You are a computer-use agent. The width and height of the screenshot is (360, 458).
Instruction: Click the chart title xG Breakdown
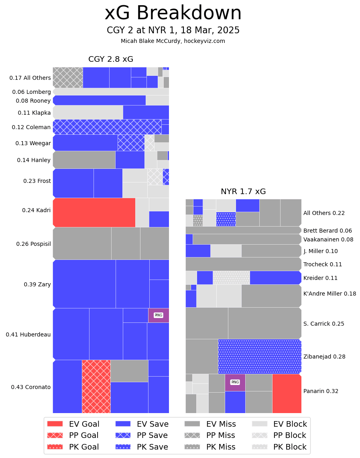click(x=173, y=13)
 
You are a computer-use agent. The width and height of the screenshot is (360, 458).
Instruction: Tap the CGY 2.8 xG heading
click(x=111, y=59)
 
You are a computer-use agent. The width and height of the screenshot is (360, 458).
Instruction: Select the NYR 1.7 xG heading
click(x=243, y=192)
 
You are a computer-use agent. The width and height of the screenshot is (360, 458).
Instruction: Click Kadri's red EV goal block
click(x=94, y=213)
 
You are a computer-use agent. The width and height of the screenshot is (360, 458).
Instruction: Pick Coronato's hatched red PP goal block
click(x=96, y=386)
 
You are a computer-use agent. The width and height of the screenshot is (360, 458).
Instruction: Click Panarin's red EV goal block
click(x=287, y=393)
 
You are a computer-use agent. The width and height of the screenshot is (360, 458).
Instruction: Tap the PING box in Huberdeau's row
click(x=159, y=315)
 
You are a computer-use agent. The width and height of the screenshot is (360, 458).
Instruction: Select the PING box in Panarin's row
click(x=235, y=382)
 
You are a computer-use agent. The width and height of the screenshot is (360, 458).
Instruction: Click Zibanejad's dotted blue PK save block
click(x=260, y=357)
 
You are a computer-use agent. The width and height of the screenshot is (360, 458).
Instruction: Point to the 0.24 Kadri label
click(x=37, y=210)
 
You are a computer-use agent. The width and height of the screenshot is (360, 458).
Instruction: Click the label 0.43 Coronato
click(x=31, y=387)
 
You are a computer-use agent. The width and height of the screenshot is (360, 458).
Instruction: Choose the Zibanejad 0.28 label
click(x=324, y=357)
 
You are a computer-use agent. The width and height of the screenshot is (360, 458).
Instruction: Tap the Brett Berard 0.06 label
click(x=327, y=231)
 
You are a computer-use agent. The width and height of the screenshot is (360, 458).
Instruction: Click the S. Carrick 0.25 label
click(x=324, y=324)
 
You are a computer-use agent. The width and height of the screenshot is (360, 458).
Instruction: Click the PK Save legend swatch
click(x=123, y=447)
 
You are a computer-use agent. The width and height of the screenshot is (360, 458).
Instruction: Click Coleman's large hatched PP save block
click(x=107, y=127)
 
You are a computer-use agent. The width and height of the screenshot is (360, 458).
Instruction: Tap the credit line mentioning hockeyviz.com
click(x=173, y=41)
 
